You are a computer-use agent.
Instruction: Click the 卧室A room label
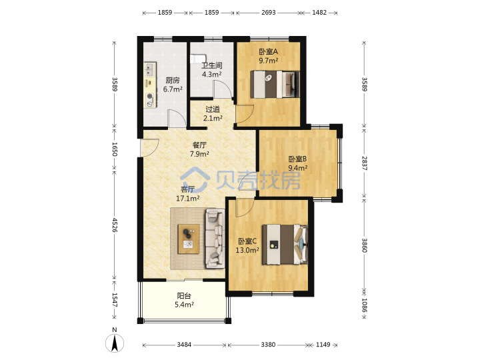(x=269, y=51)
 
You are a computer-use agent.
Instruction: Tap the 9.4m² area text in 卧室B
(x=298, y=168)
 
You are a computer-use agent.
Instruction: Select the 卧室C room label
(x=247, y=241)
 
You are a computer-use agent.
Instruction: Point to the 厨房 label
(x=173, y=80)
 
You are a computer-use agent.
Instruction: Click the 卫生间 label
(x=212, y=65)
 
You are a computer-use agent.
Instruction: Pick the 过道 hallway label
(x=213, y=109)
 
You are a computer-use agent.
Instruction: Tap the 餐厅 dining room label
(x=199, y=145)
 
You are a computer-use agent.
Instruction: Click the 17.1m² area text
(x=187, y=199)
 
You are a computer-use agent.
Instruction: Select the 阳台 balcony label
(x=184, y=296)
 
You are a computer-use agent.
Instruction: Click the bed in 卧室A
(x=275, y=84)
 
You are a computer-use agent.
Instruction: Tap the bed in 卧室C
(x=285, y=244)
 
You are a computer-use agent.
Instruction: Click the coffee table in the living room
(x=189, y=239)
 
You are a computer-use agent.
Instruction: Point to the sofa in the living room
(x=215, y=238)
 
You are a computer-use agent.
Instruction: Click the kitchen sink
(x=149, y=69)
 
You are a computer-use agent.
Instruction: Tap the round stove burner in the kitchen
(x=150, y=96)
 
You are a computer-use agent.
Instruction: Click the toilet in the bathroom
(x=197, y=59)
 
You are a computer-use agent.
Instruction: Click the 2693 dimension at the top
(x=269, y=13)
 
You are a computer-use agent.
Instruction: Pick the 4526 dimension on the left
(x=115, y=225)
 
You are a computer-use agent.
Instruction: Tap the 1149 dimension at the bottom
(x=323, y=345)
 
